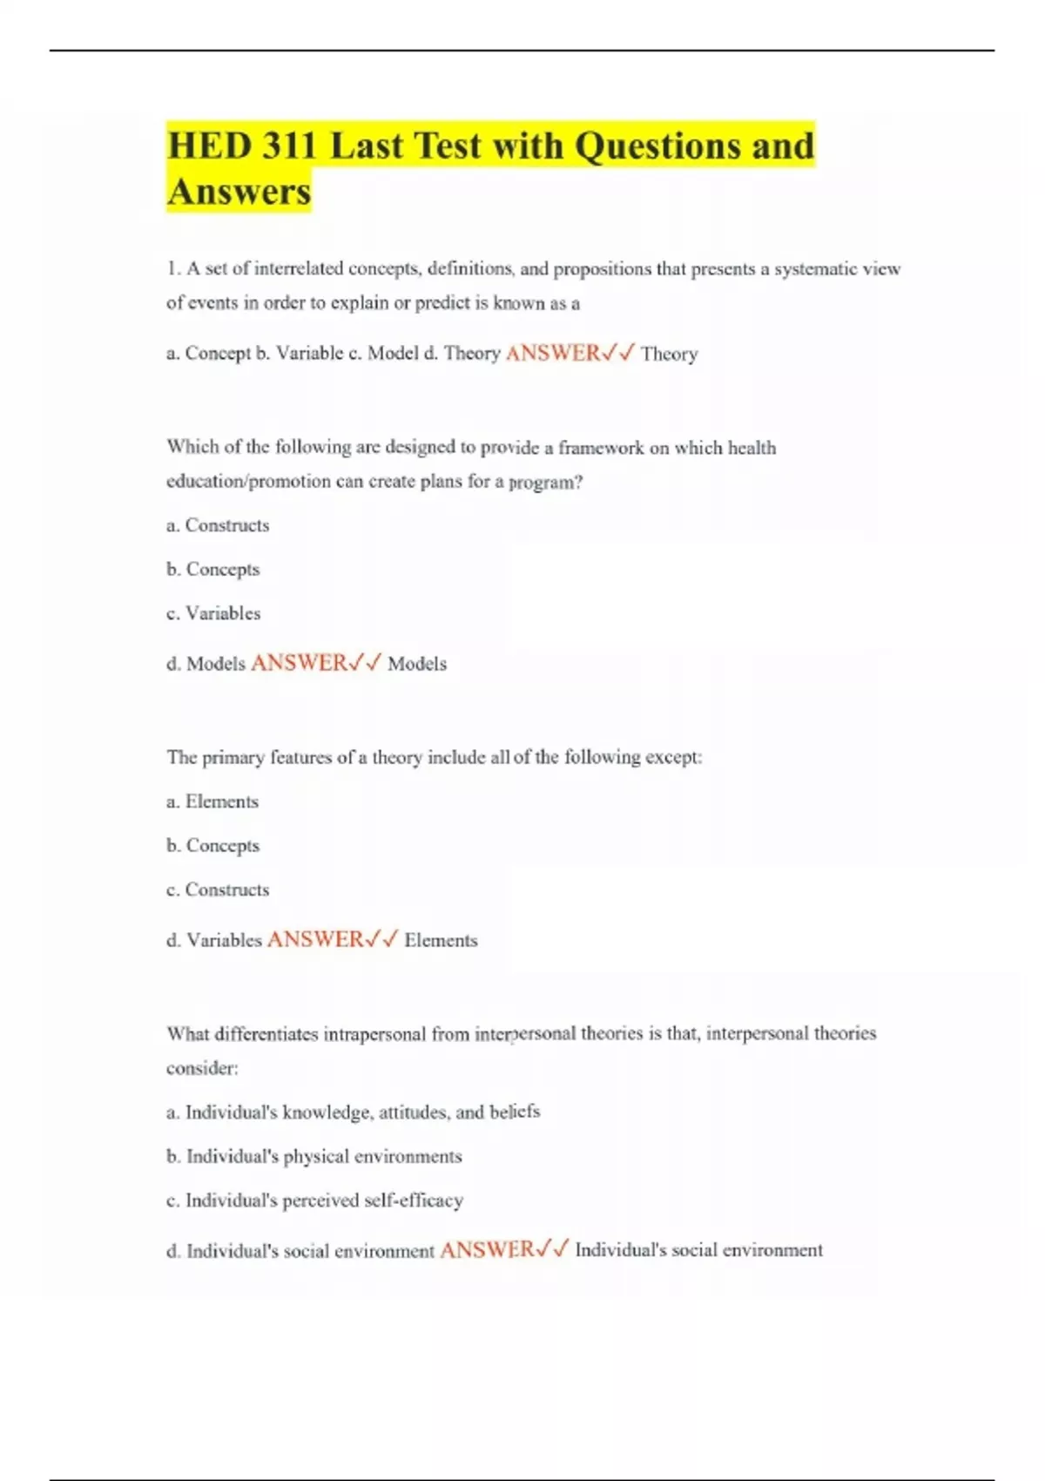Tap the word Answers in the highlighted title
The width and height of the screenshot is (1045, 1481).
click(x=239, y=192)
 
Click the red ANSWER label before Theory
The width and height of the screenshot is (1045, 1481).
click(x=553, y=353)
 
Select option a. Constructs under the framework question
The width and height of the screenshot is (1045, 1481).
click(x=218, y=525)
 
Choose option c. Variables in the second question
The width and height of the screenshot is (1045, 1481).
click(x=213, y=613)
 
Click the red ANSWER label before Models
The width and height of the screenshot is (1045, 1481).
click(x=299, y=663)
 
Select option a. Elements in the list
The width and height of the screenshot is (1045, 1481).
click(x=212, y=801)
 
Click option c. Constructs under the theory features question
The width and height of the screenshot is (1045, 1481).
click(x=218, y=889)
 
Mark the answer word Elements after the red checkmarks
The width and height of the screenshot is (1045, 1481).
click(x=441, y=940)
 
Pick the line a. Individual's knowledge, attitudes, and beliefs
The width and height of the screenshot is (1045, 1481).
click(x=353, y=1112)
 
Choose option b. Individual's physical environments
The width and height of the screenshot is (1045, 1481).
click(x=313, y=1156)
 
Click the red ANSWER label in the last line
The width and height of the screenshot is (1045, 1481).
click(x=487, y=1250)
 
